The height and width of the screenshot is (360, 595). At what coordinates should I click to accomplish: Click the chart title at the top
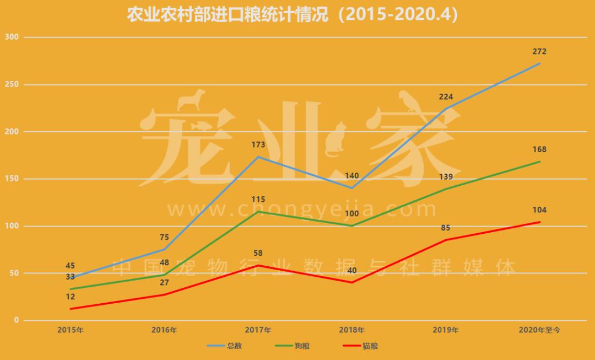293,14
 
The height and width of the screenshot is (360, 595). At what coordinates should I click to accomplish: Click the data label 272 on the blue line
539,52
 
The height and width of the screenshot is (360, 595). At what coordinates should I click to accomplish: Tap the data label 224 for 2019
446,97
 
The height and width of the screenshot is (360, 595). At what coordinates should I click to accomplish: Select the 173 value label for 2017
258,145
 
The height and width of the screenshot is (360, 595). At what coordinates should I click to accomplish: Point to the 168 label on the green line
539,149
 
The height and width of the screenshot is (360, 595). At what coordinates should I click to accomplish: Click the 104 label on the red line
539,210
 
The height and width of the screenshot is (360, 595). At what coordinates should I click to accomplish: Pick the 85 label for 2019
446,228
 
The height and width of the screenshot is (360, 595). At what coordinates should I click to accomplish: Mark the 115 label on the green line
258,200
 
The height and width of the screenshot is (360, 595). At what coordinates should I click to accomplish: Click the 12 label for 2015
71,297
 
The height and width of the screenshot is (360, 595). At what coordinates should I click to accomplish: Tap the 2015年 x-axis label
71,330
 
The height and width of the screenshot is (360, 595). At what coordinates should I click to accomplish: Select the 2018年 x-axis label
351,330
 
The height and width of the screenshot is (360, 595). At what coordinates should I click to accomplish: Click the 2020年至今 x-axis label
539,330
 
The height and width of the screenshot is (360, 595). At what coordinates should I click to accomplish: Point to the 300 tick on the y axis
12,37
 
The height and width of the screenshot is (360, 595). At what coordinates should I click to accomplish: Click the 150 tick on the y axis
12,179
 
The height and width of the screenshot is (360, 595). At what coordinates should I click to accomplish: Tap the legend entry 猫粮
370,346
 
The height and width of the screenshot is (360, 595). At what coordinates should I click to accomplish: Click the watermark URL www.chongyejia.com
302,209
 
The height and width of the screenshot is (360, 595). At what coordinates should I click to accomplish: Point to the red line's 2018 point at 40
351,282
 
